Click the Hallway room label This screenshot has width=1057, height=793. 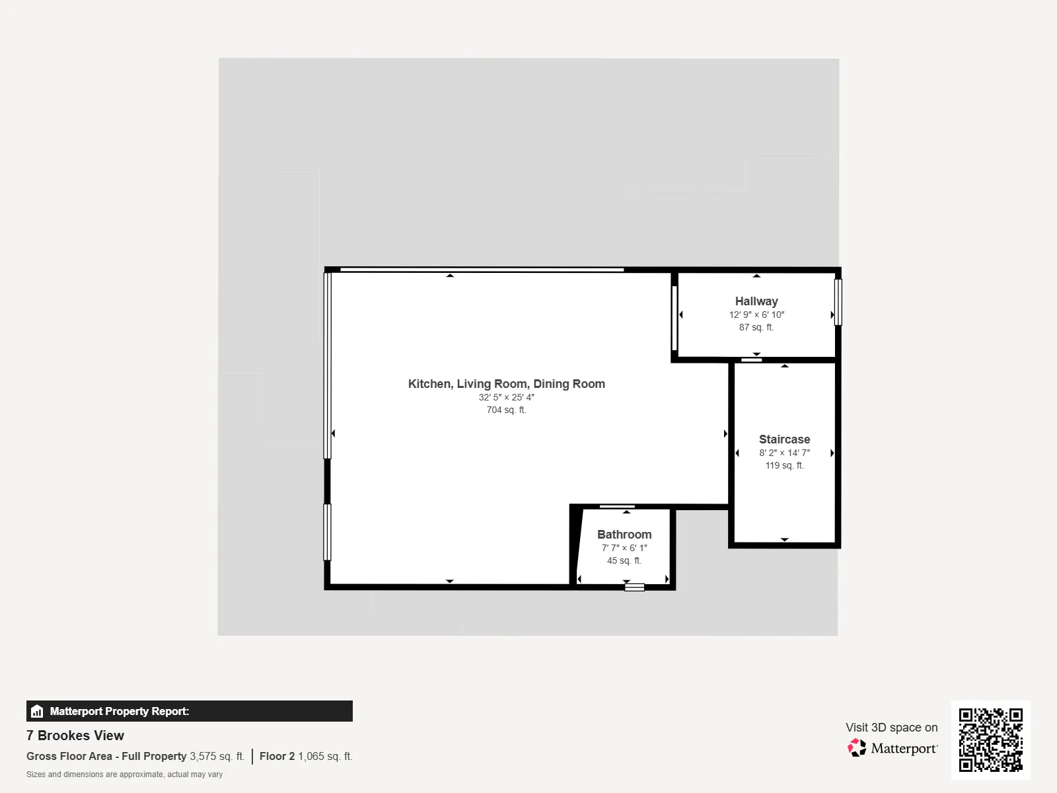(756, 301)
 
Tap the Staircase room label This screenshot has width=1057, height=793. (784, 439)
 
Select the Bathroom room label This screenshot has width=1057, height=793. (624, 535)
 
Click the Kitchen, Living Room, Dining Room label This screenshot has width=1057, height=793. (507, 384)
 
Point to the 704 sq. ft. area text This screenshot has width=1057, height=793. (506, 410)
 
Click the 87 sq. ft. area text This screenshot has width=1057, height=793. (756, 327)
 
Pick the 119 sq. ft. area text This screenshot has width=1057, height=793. (784, 465)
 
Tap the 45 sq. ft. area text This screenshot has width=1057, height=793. (624, 560)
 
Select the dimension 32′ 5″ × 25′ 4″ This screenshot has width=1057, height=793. (506, 397)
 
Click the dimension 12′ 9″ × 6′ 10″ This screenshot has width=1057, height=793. (756, 315)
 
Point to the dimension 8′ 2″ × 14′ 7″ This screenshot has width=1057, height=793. (784, 453)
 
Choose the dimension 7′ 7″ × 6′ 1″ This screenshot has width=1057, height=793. (624, 548)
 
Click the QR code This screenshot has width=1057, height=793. (990, 739)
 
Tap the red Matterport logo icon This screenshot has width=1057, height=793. (857, 748)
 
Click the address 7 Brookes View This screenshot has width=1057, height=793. (75, 736)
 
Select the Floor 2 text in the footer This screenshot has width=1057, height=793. (277, 757)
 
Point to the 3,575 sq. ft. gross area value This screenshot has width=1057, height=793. (217, 757)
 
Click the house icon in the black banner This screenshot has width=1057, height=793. (37, 711)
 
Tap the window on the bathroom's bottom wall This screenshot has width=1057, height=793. (634, 587)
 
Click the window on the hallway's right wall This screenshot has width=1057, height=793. (838, 302)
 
